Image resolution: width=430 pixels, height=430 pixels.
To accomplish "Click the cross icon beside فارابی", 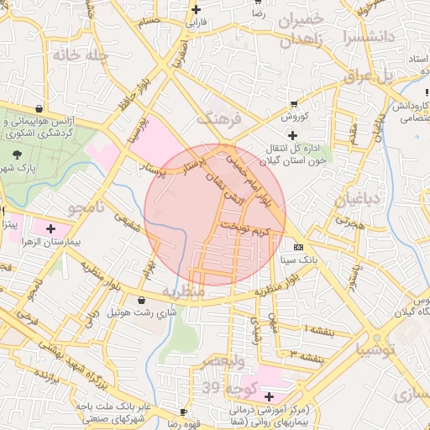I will pos(196,10).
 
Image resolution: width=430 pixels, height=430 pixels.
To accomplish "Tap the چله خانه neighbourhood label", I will pos(81,55).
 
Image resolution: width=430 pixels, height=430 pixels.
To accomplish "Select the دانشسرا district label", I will pos(367,37).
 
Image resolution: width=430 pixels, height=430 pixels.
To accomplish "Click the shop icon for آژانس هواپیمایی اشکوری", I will pos(39,107).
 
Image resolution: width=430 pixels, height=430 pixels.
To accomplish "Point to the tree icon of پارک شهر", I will pos(18,153).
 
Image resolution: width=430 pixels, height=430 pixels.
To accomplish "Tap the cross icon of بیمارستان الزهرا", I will pos(51,228).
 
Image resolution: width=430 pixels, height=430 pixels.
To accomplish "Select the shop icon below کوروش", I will pos(283,103).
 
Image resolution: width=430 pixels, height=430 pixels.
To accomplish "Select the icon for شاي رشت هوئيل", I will pos(139,300).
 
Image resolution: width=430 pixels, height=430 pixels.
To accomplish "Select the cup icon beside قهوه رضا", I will pos(184,412).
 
